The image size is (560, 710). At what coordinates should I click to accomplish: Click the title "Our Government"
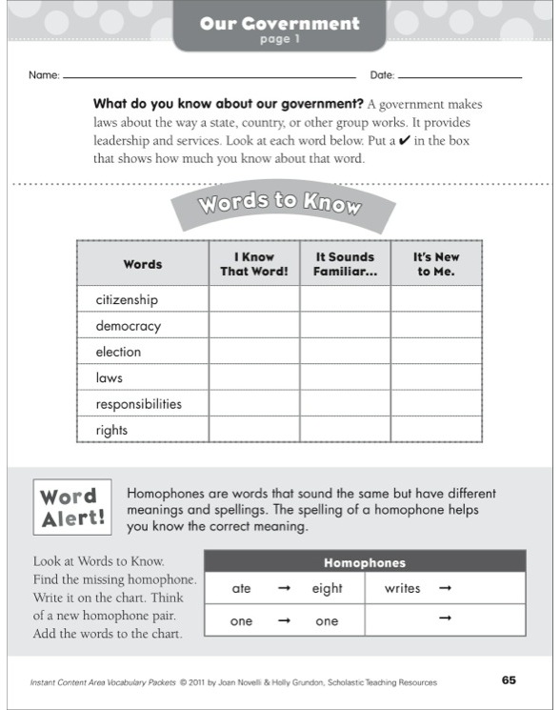[279, 23]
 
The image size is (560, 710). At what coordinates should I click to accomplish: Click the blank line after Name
[210, 75]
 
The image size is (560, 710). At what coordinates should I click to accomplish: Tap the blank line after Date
[460, 75]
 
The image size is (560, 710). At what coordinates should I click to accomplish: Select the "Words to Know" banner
[279, 204]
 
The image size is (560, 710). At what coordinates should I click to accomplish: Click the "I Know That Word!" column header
[254, 264]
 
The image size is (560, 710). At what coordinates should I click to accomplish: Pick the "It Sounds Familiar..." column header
[345, 264]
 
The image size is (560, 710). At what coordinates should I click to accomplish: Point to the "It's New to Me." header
[435, 264]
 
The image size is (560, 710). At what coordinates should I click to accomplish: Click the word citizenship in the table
[127, 300]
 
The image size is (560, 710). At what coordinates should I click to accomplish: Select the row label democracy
[129, 326]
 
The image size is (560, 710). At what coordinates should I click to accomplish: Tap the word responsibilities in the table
[138, 404]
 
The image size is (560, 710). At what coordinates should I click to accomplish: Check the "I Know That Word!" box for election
[254, 352]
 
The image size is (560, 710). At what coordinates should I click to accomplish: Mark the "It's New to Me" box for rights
[435, 430]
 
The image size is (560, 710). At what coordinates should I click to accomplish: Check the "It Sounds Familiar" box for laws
[345, 378]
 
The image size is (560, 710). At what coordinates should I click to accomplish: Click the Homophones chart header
[365, 562]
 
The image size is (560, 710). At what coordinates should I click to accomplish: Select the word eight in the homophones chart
[327, 589]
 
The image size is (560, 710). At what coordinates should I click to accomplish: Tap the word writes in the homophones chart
[402, 589]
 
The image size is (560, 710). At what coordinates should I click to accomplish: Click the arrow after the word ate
[283, 589]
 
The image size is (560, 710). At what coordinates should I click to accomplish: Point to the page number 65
[509, 680]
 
